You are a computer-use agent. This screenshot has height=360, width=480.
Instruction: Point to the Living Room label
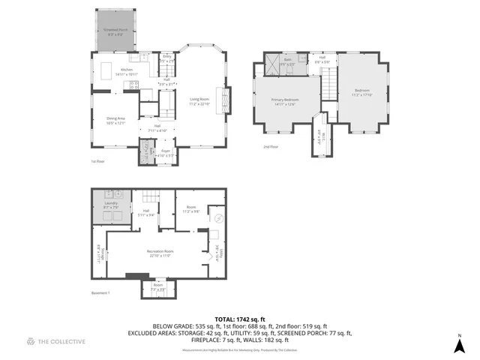(199, 101)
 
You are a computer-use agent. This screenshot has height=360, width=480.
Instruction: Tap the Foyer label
(165, 152)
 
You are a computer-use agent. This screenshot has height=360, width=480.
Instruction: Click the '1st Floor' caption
(98, 160)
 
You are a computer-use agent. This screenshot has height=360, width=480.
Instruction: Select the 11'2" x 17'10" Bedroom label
(362, 93)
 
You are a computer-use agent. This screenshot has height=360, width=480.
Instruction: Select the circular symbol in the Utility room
(218, 218)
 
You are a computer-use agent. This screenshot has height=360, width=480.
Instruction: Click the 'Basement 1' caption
(100, 292)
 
